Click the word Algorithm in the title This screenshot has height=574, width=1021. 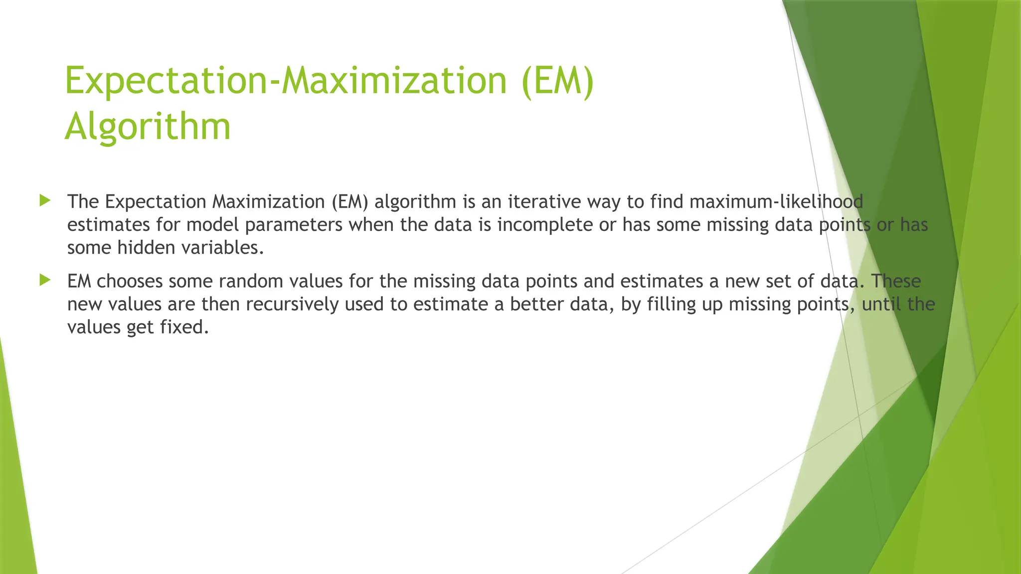coord(148,127)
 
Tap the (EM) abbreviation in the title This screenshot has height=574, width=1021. coord(557,81)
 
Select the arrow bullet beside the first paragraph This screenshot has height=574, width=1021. coord(45,201)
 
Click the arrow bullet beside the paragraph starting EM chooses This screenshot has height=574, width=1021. coord(45,280)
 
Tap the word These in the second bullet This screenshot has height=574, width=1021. coord(896,282)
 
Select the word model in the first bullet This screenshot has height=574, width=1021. coord(212,225)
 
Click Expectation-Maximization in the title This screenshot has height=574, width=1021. coord(286,81)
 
